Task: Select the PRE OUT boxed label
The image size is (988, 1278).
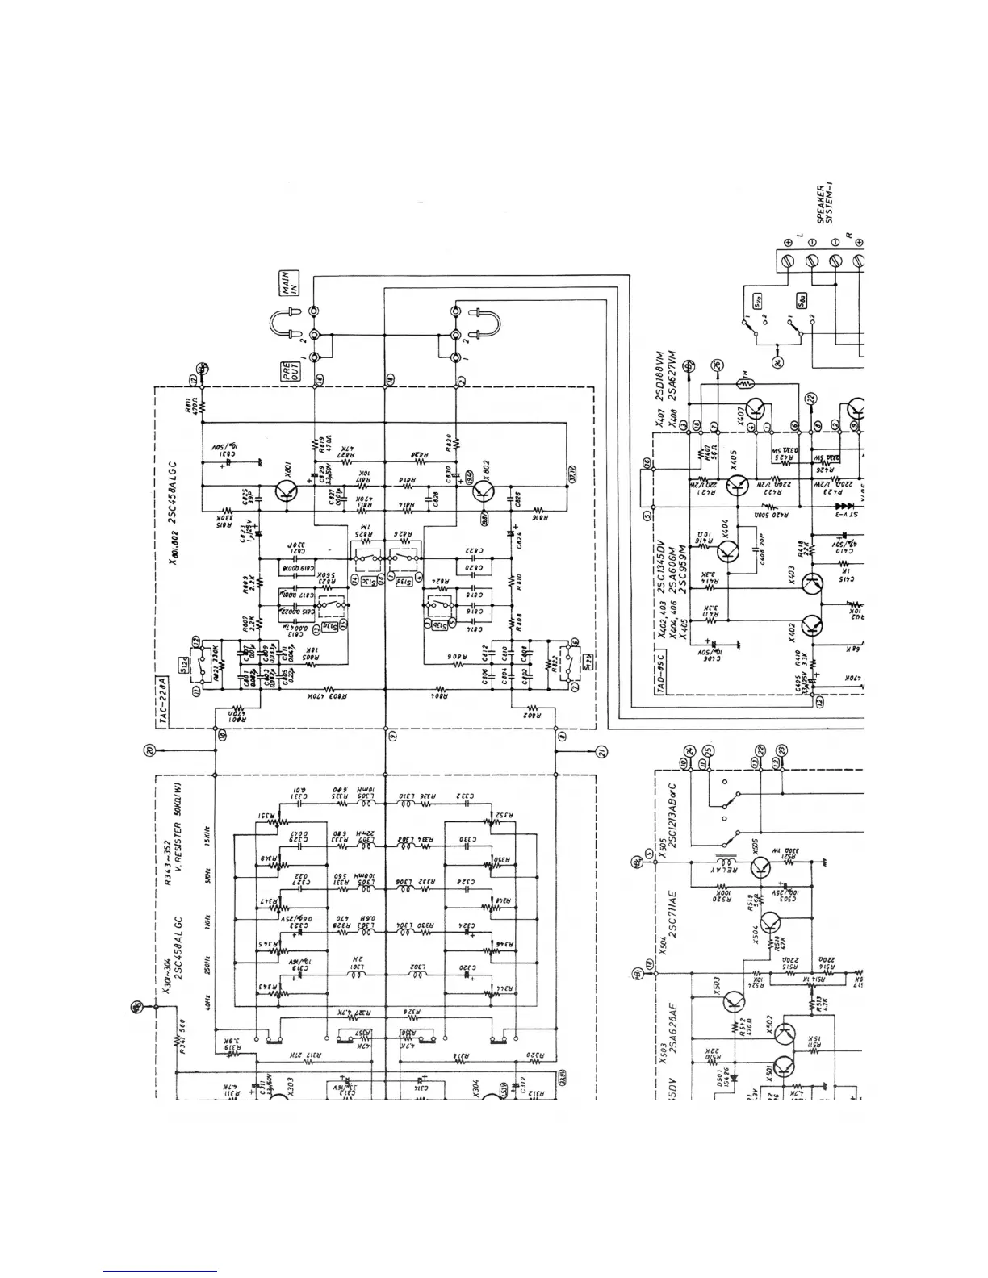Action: (287, 374)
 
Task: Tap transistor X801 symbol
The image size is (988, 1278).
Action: (284, 490)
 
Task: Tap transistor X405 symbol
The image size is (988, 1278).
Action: (735, 485)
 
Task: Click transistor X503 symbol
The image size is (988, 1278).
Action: (735, 1003)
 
